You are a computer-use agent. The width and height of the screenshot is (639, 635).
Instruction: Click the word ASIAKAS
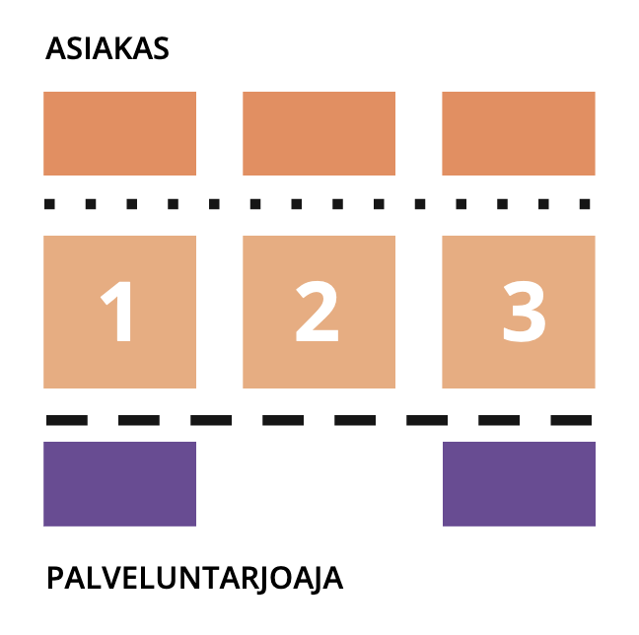106,48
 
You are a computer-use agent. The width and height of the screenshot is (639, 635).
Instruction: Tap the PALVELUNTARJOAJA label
194,578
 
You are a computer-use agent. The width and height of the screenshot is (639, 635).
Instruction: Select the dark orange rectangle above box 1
119,133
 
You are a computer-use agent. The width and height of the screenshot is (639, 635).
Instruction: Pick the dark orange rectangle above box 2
319,133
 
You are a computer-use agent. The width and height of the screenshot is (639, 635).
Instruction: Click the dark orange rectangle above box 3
518,133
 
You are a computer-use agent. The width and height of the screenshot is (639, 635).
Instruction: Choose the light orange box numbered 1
119,312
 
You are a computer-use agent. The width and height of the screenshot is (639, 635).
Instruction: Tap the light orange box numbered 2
319,312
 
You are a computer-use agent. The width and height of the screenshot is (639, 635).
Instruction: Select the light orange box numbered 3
518,312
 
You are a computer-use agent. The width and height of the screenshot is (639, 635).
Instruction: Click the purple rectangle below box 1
119,483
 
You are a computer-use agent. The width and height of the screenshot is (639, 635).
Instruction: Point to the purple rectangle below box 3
519,483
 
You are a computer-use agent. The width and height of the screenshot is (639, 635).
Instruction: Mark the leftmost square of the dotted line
50,204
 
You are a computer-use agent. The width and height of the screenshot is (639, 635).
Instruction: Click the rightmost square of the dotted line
584,204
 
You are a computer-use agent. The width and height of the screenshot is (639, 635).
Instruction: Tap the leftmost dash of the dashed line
66,420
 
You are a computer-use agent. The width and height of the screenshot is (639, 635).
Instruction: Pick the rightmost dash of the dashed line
571,420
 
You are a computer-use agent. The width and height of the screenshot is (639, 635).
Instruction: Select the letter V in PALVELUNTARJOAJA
108,578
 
